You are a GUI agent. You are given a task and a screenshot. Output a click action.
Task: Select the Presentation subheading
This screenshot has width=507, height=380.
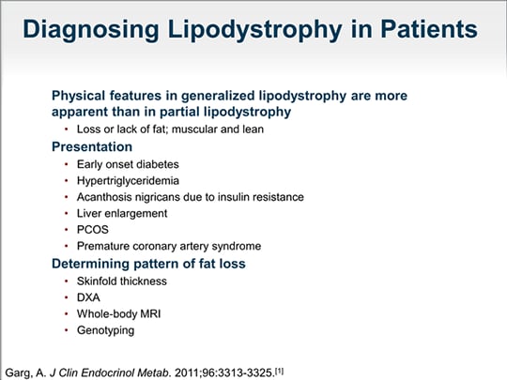click(x=91, y=147)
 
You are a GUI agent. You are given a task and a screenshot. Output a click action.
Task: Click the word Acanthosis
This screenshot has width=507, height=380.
click(x=105, y=197)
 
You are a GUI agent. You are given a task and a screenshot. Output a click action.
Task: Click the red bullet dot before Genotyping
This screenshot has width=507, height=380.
click(x=66, y=330)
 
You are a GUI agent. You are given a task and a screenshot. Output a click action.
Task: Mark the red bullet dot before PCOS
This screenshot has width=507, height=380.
click(x=66, y=229)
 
